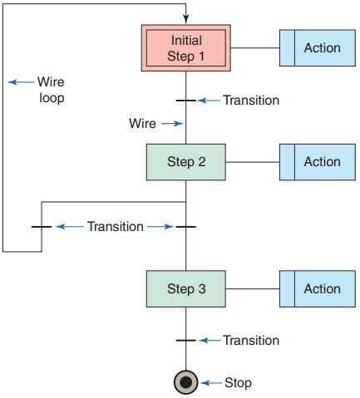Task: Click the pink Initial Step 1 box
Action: (185, 48)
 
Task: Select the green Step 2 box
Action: (185, 162)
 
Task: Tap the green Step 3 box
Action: (185, 289)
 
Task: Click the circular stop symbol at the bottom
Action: (185, 383)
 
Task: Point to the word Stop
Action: (238, 383)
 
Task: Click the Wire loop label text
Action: (50, 90)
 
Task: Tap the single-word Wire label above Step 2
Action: (142, 123)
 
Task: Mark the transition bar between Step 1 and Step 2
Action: (185, 101)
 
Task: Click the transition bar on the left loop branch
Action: (42, 226)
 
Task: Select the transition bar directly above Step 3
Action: (185, 226)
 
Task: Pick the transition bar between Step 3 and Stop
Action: (185, 341)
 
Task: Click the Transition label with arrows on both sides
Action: (115, 226)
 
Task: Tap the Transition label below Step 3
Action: (251, 341)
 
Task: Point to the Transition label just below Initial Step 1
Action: (251, 101)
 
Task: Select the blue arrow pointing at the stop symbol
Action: (210, 383)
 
